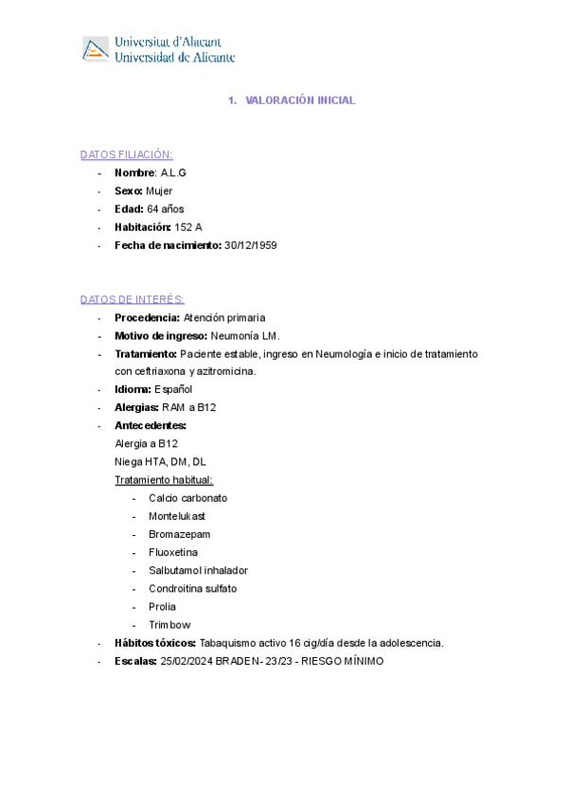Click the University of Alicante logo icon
point(96,49)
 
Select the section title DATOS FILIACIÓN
point(126,154)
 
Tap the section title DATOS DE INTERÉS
point(133,299)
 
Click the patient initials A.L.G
point(173,172)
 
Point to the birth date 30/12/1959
point(250,245)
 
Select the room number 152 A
point(188,227)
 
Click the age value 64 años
point(167,209)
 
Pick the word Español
point(173,389)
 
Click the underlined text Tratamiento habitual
point(164,480)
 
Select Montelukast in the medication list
point(177,516)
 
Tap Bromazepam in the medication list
point(180,534)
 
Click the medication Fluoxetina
point(173,552)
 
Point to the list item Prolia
point(162,606)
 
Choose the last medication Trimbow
point(169,625)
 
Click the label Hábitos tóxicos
point(154,643)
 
